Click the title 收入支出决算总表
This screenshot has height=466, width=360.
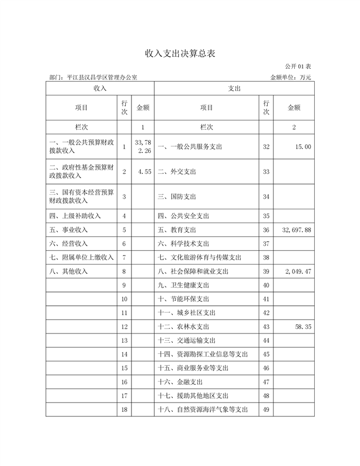pyautogui.click(x=179, y=54)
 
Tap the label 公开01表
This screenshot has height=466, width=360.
pyautogui.click(x=298, y=67)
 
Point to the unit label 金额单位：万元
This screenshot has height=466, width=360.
pyautogui.click(x=290, y=78)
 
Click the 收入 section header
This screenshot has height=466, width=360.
pyautogui.click(x=100, y=88)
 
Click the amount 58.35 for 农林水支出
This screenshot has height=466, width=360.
pyautogui.click(x=301, y=327)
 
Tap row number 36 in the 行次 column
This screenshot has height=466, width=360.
pyautogui.click(x=266, y=230)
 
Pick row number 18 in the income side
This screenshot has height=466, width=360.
pyautogui.click(x=124, y=410)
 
